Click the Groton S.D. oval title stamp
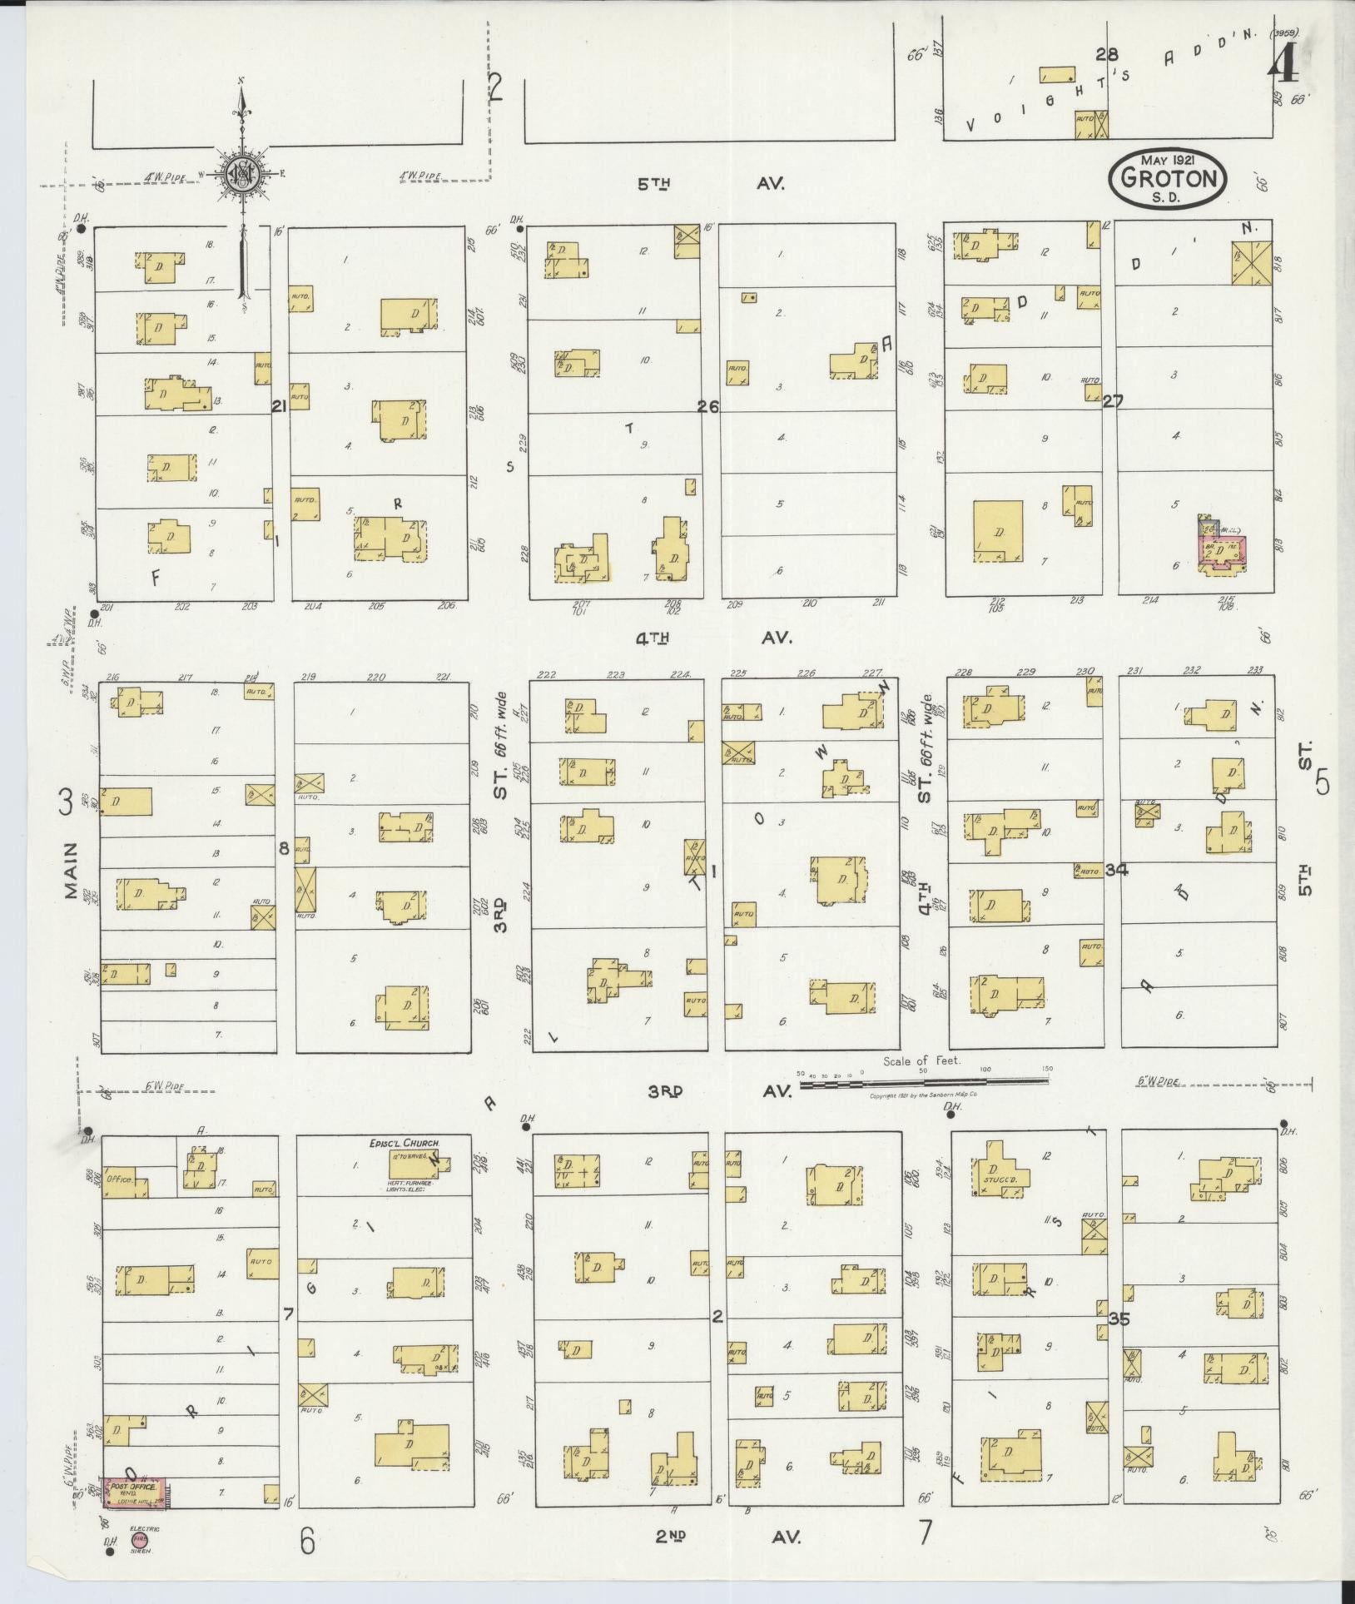[1167, 178]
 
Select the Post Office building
[134, 1492]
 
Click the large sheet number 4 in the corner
[1283, 62]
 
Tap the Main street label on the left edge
[72, 870]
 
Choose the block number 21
[278, 406]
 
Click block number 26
[708, 407]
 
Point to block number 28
[1105, 55]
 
